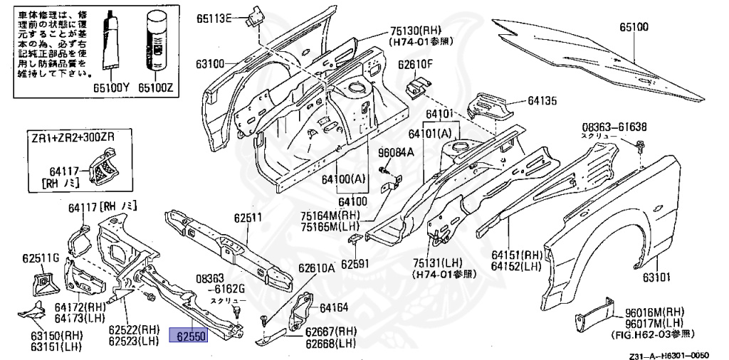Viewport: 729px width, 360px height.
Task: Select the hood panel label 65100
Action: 633,28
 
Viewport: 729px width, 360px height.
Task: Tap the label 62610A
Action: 316,268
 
